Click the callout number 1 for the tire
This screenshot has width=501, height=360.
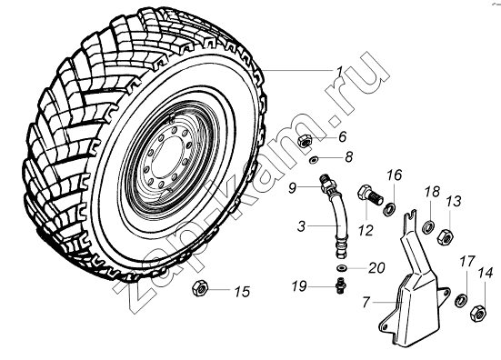(x=339, y=72)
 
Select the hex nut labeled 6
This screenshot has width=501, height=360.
(x=305, y=141)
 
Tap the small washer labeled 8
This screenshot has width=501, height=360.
(x=314, y=159)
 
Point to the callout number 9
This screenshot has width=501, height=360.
(x=293, y=188)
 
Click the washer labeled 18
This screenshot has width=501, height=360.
(x=429, y=226)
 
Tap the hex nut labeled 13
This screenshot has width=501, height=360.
(x=446, y=236)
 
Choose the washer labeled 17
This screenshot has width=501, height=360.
(x=461, y=300)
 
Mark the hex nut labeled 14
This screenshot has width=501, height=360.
(x=478, y=312)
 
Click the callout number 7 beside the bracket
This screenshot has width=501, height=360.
(x=366, y=302)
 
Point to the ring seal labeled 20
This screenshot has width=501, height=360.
(x=343, y=267)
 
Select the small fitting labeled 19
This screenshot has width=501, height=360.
(x=341, y=285)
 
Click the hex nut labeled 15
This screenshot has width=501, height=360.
(x=200, y=288)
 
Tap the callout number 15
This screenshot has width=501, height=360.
(x=242, y=292)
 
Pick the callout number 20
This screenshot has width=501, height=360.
(x=376, y=267)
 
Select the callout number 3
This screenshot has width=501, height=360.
(x=301, y=226)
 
